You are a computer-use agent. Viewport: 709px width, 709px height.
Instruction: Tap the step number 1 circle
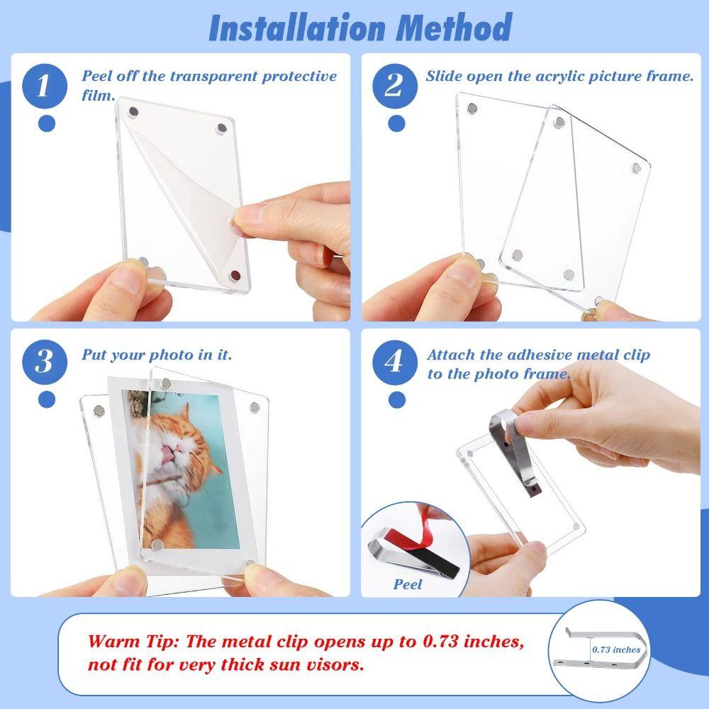tap(44, 87)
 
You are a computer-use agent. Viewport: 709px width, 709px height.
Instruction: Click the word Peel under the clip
tap(408, 585)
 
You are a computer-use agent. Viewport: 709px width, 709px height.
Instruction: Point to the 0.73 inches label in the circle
tap(617, 649)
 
